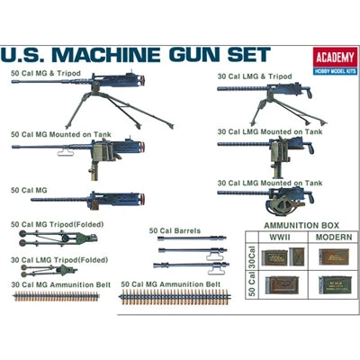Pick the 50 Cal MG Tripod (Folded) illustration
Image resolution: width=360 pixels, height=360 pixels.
point(50,238)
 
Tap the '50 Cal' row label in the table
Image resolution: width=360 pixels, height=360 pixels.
point(250,284)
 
